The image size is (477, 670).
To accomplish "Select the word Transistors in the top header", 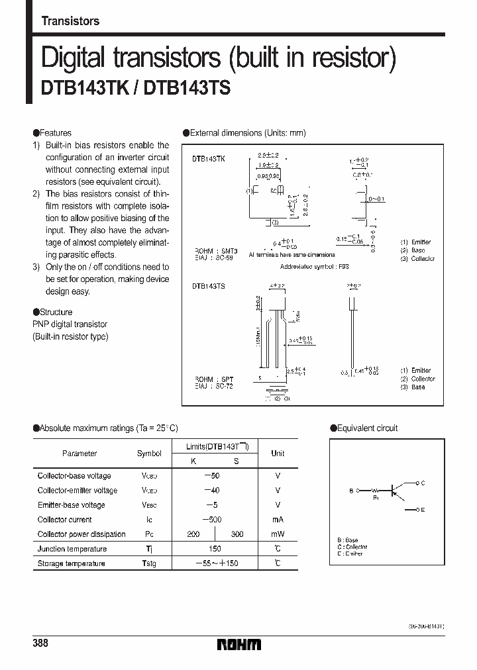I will pyautogui.click(x=70, y=21).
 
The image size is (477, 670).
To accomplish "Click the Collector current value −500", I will pyautogui.click(x=212, y=520).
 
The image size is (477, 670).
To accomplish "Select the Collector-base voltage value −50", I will pyautogui.click(x=212, y=476).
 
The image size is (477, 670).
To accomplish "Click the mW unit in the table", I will pyautogui.click(x=278, y=534).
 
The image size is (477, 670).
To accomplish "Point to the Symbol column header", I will pyautogui.click(x=149, y=454).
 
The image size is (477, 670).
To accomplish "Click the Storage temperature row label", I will pyautogui.click(x=71, y=563).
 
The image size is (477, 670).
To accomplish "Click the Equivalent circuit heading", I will pyautogui.click(x=367, y=428).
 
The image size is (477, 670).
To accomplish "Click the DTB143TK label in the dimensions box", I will pyautogui.click(x=209, y=160).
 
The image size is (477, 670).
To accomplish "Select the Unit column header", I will pyautogui.click(x=278, y=454).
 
